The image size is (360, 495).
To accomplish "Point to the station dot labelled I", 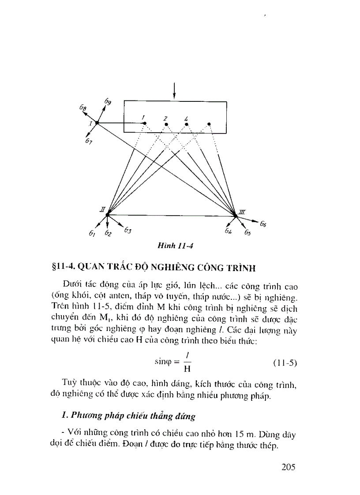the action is [97, 123].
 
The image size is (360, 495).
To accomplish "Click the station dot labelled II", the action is [107, 214].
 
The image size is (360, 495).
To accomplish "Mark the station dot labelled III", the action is [236, 215].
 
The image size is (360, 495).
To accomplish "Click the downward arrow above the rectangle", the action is [175, 91].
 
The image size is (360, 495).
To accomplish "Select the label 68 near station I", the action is [82, 107].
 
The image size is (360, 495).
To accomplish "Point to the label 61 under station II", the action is [92, 234].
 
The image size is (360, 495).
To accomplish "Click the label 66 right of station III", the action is [263, 224].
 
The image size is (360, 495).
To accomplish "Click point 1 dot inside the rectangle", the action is [144, 124].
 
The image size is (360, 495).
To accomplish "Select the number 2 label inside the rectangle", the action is [165, 119].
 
